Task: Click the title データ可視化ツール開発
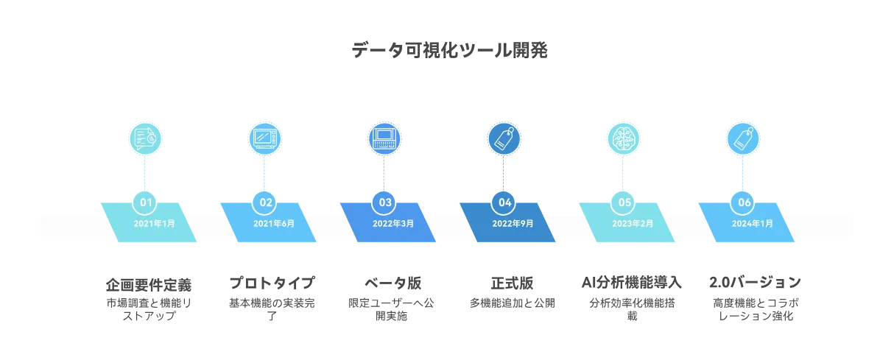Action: [x=449, y=51]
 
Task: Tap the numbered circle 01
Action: [x=145, y=202]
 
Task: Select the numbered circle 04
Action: [x=504, y=202]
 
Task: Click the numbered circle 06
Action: [x=743, y=202]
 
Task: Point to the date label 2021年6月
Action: [x=274, y=223]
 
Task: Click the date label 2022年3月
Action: [x=393, y=223]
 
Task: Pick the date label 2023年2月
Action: [x=633, y=223]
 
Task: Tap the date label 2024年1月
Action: [x=753, y=223]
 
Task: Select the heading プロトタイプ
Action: [x=272, y=283]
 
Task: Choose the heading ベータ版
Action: [x=393, y=283]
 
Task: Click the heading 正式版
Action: [x=512, y=283]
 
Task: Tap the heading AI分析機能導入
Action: [x=632, y=283]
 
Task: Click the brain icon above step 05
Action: [x=623, y=138]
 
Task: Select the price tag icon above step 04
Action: [x=504, y=138]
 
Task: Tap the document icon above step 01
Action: [x=145, y=138]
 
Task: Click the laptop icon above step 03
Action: [x=384, y=138]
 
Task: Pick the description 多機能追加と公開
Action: [x=512, y=303]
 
